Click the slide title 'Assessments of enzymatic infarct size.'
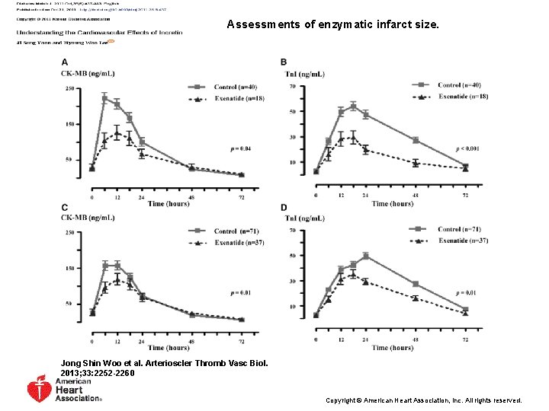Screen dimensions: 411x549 pos(333,24)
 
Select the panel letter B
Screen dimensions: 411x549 pos(284,62)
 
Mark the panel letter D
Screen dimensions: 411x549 pos(284,207)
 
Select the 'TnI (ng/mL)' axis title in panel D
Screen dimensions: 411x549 pos(305,218)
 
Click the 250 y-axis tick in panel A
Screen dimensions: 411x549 pos(69,89)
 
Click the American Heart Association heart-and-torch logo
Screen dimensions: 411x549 pos(39,389)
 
